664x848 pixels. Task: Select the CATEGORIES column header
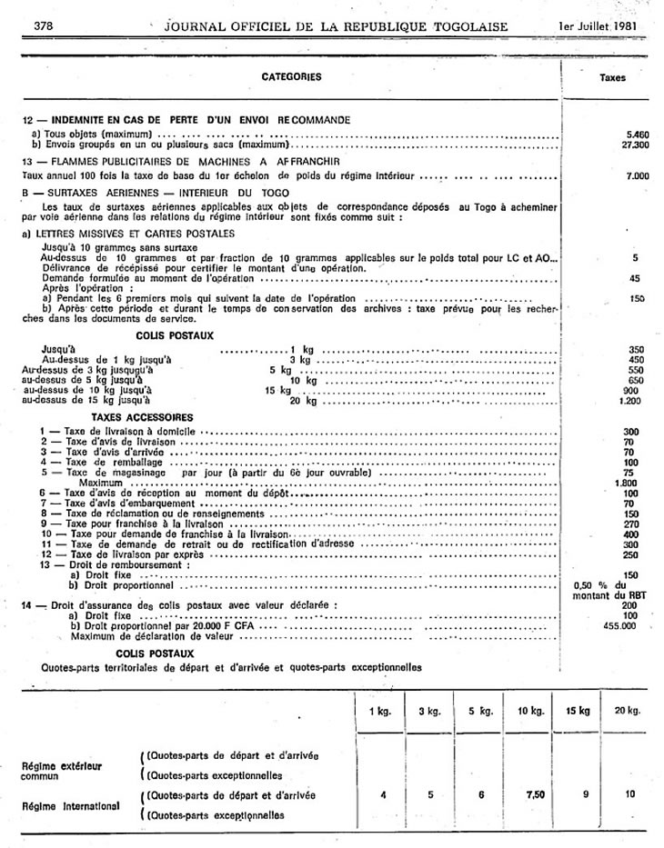click(291, 77)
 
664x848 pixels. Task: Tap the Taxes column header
click(613, 78)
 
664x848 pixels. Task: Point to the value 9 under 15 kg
click(577, 794)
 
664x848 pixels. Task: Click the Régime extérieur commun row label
click(61, 772)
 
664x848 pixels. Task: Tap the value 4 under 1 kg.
click(384, 794)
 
